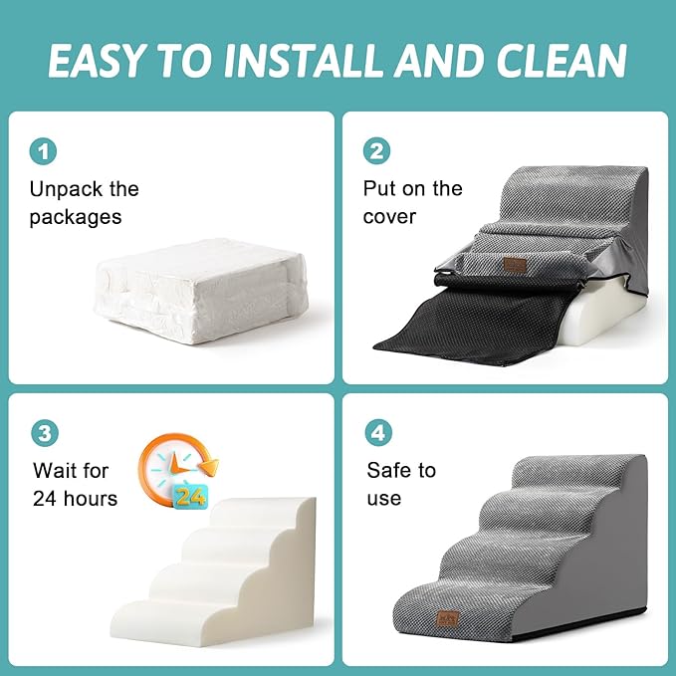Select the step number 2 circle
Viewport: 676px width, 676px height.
click(x=377, y=151)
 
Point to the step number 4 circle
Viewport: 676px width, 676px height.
click(x=377, y=433)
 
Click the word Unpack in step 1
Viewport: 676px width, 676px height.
click(x=67, y=189)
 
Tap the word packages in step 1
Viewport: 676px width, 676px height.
click(x=75, y=217)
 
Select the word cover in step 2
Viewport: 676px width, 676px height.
click(x=389, y=217)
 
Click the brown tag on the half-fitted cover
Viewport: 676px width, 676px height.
click(x=514, y=266)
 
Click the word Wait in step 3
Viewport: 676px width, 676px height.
click(x=57, y=470)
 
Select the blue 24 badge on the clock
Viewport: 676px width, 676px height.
click(x=191, y=496)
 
